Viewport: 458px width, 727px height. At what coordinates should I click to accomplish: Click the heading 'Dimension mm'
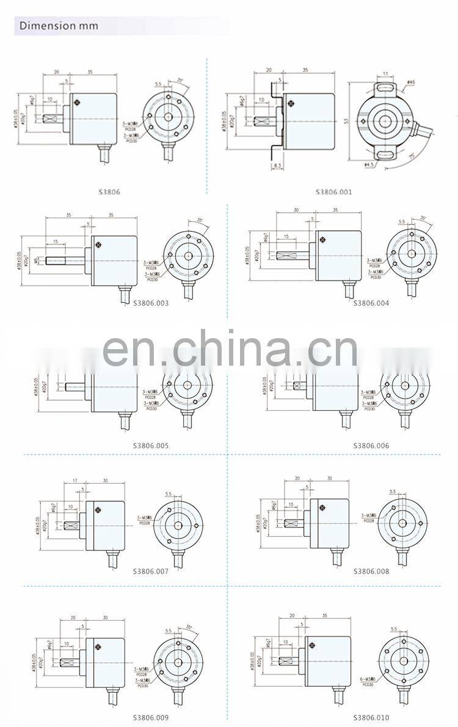coord(59,26)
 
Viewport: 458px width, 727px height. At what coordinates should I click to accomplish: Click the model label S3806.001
coord(333,192)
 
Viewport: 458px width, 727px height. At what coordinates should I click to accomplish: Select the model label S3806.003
coord(151,303)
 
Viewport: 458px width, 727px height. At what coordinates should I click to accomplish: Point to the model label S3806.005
coord(151,446)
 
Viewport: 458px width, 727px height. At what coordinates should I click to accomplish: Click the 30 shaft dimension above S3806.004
coord(296,210)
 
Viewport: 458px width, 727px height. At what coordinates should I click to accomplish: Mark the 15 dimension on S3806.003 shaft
coord(55,242)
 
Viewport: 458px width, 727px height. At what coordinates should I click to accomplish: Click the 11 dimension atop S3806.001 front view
coord(385,74)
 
